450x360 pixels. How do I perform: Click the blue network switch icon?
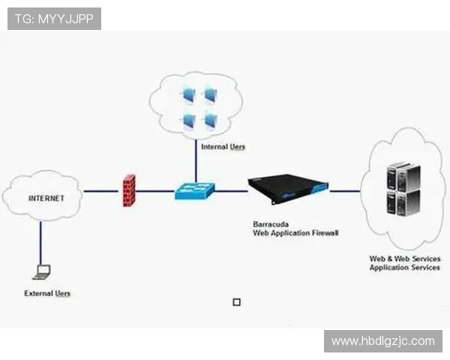[x=195, y=191]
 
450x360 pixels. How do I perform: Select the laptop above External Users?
[x=42, y=271]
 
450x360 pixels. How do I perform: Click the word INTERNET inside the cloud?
[x=46, y=199]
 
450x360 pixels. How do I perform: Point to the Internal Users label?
[x=223, y=147]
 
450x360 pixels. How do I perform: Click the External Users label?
[x=47, y=293]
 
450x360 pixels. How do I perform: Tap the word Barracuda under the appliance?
[x=269, y=224]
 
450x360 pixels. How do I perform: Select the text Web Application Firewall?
[x=295, y=233]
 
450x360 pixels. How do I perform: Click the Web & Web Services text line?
[x=404, y=259]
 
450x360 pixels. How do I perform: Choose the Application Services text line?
[x=404, y=268]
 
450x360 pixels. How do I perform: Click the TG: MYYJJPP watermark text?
[x=54, y=19]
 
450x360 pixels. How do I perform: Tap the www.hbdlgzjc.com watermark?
[x=382, y=341]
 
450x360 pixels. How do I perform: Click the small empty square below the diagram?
[x=237, y=302]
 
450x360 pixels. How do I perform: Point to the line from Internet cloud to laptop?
[x=40, y=240]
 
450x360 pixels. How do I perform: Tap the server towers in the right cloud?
[x=403, y=190]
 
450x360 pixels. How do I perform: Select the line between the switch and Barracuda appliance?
[x=231, y=190]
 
